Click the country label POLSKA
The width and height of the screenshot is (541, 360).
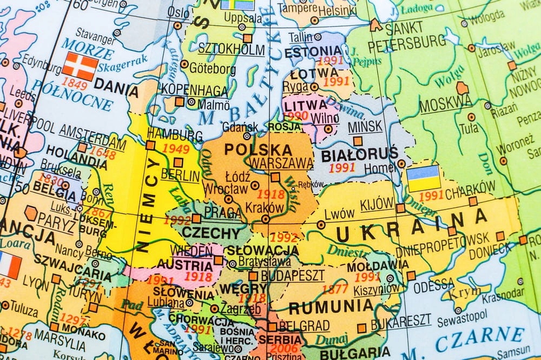pyautogui.click(x=258, y=149)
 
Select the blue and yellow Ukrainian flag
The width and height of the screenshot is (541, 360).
pyautogui.click(x=423, y=178)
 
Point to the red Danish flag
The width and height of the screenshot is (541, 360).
pyautogui.click(x=80, y=66)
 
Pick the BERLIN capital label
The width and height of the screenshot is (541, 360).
pyautogui.click(x=180, y=175)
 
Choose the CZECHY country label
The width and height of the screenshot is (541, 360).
pyautogui.click(x=210, y=233)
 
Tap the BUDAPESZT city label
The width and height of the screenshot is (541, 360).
pyautogui.click(x=292, y=275)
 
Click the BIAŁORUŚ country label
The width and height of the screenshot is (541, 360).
pyautogui.click(x=359, y=154)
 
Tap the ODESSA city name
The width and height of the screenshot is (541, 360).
pyautogui.click(x=434, y=284)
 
